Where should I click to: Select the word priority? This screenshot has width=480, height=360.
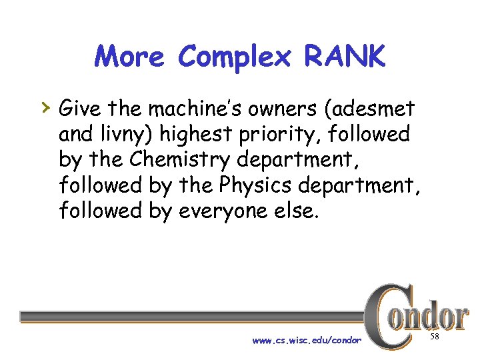click(275, 135)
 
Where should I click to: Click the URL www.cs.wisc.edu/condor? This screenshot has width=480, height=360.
click(306, 341)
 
